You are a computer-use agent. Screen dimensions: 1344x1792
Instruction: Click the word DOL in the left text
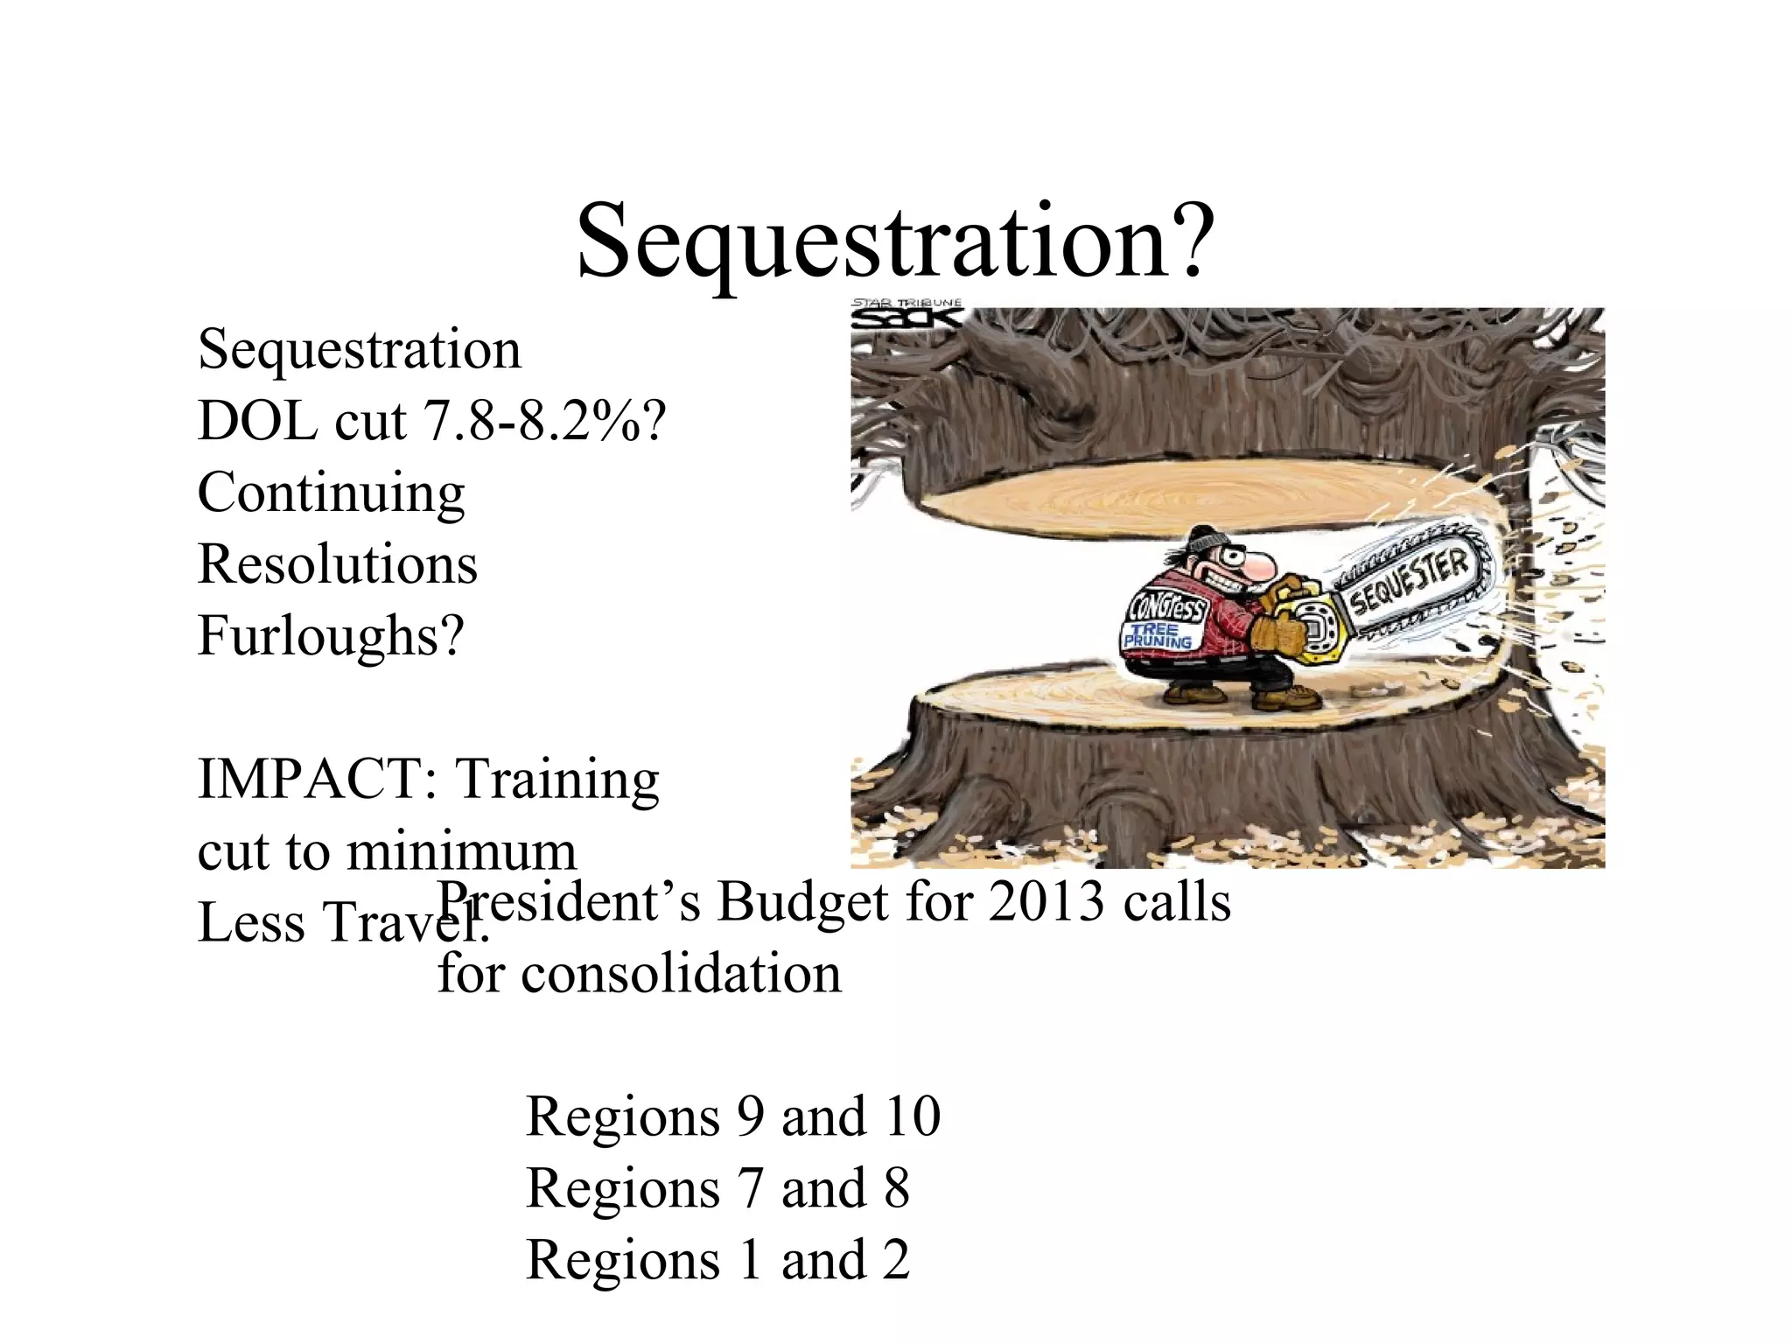[258, 421]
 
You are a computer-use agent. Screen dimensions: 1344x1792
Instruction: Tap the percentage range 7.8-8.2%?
[544, 421]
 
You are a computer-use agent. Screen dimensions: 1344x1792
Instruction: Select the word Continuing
[331, 493]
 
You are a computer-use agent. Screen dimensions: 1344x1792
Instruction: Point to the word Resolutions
[338, 564]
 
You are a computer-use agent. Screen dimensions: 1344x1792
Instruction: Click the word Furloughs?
[331, 635]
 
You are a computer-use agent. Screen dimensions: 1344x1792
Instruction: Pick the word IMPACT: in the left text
[317, 779]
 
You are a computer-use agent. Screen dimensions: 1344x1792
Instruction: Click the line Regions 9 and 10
[733, 1116]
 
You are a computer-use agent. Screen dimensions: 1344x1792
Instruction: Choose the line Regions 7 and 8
[717, 1188]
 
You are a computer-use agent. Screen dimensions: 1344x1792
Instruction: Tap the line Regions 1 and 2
[717, 1260]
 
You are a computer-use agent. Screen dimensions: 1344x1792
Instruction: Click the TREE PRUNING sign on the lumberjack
[1158, 636]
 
